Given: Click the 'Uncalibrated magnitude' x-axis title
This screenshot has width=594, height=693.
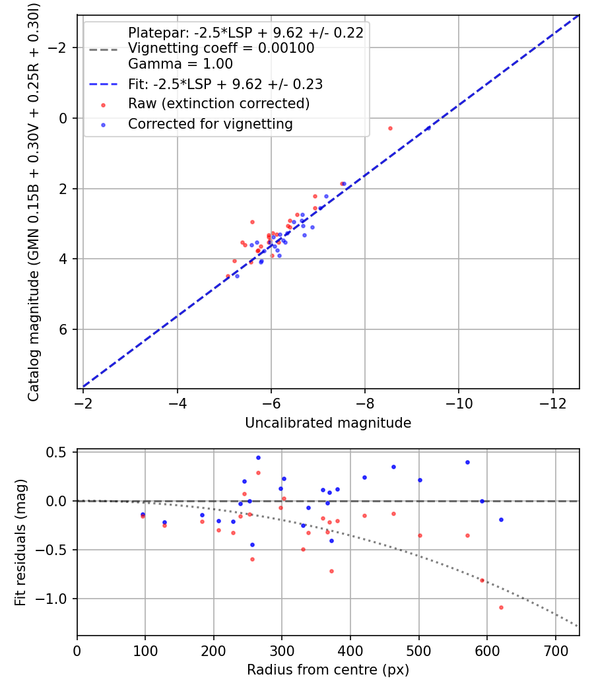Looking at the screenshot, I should (328, 423).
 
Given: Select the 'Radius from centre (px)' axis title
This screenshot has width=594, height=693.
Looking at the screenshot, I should (328, 670).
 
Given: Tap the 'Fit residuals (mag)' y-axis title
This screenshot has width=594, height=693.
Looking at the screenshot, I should (20, 543).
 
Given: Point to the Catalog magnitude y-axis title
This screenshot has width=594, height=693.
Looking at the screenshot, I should (33, 201).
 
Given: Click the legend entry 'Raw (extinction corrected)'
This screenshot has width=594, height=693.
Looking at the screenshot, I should (218, 104).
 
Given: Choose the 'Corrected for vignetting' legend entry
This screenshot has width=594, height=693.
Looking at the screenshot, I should (210, 123).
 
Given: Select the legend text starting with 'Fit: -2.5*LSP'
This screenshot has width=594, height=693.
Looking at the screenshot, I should (225, 84).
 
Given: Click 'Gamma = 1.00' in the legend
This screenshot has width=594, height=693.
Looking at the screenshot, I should (180, 64).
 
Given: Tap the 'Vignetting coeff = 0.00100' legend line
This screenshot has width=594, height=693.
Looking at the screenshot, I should (221, 48).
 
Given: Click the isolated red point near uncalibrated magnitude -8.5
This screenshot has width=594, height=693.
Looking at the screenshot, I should (390, 128).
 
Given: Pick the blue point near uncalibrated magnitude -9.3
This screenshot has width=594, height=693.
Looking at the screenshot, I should (428, 128).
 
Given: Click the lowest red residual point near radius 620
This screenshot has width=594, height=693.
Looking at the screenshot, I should (501, 607).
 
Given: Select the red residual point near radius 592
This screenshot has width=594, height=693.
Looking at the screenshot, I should (482, 580).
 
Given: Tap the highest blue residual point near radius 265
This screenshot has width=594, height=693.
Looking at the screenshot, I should (258, 457).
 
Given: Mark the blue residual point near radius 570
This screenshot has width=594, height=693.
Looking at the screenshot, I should (467, 462).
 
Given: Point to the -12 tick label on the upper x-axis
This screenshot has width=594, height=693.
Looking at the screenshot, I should (553, 402).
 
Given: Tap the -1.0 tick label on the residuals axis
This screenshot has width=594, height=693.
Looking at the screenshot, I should (57, 599).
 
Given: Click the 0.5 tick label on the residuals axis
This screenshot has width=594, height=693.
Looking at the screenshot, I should (60, 452).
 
